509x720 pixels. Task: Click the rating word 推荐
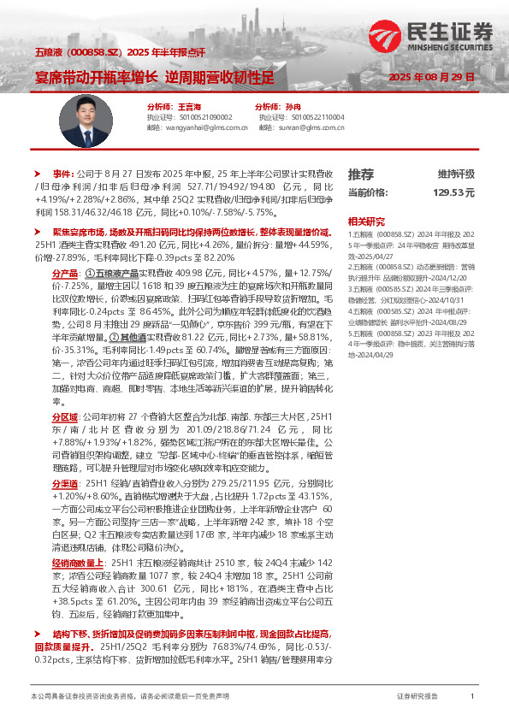click(361, 174)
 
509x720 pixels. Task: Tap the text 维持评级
click(456, 174)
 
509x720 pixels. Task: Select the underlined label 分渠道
click(66, 482)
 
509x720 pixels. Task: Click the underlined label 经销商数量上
click(77, 564)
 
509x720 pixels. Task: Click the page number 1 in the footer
click(472, 697)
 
